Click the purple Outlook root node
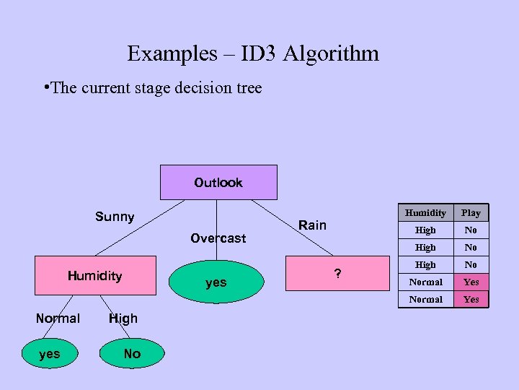[x=218, y=182]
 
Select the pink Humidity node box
[x=95, y=275]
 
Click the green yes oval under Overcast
[x=216, y=282]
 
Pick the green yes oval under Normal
[x=50, y=354]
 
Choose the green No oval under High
[x=132, y=354]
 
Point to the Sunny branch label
[x=115, y=217]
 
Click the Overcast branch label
[x=218, y=238]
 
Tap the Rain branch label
[x=312, y=225]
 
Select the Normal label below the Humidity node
[x=58, y=318]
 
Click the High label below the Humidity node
[x=123, y=318]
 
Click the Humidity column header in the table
[x=425, y=212]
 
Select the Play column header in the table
[x=471, y=212]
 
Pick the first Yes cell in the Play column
[x=471, y=282]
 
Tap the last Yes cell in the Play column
[x=471, y=299]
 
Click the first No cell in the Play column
[x=471, y=230]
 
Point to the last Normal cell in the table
[x=425, y=299]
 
